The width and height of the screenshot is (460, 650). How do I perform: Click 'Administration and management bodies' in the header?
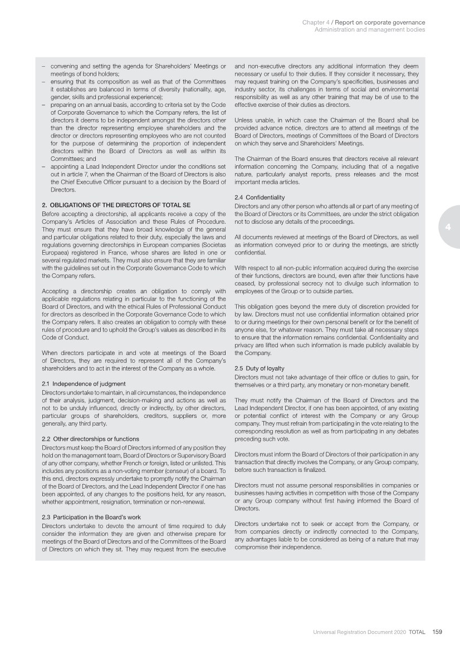370,29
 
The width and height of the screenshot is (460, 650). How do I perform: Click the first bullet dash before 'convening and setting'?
43,67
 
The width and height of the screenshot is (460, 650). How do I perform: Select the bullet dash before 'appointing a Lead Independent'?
43,166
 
